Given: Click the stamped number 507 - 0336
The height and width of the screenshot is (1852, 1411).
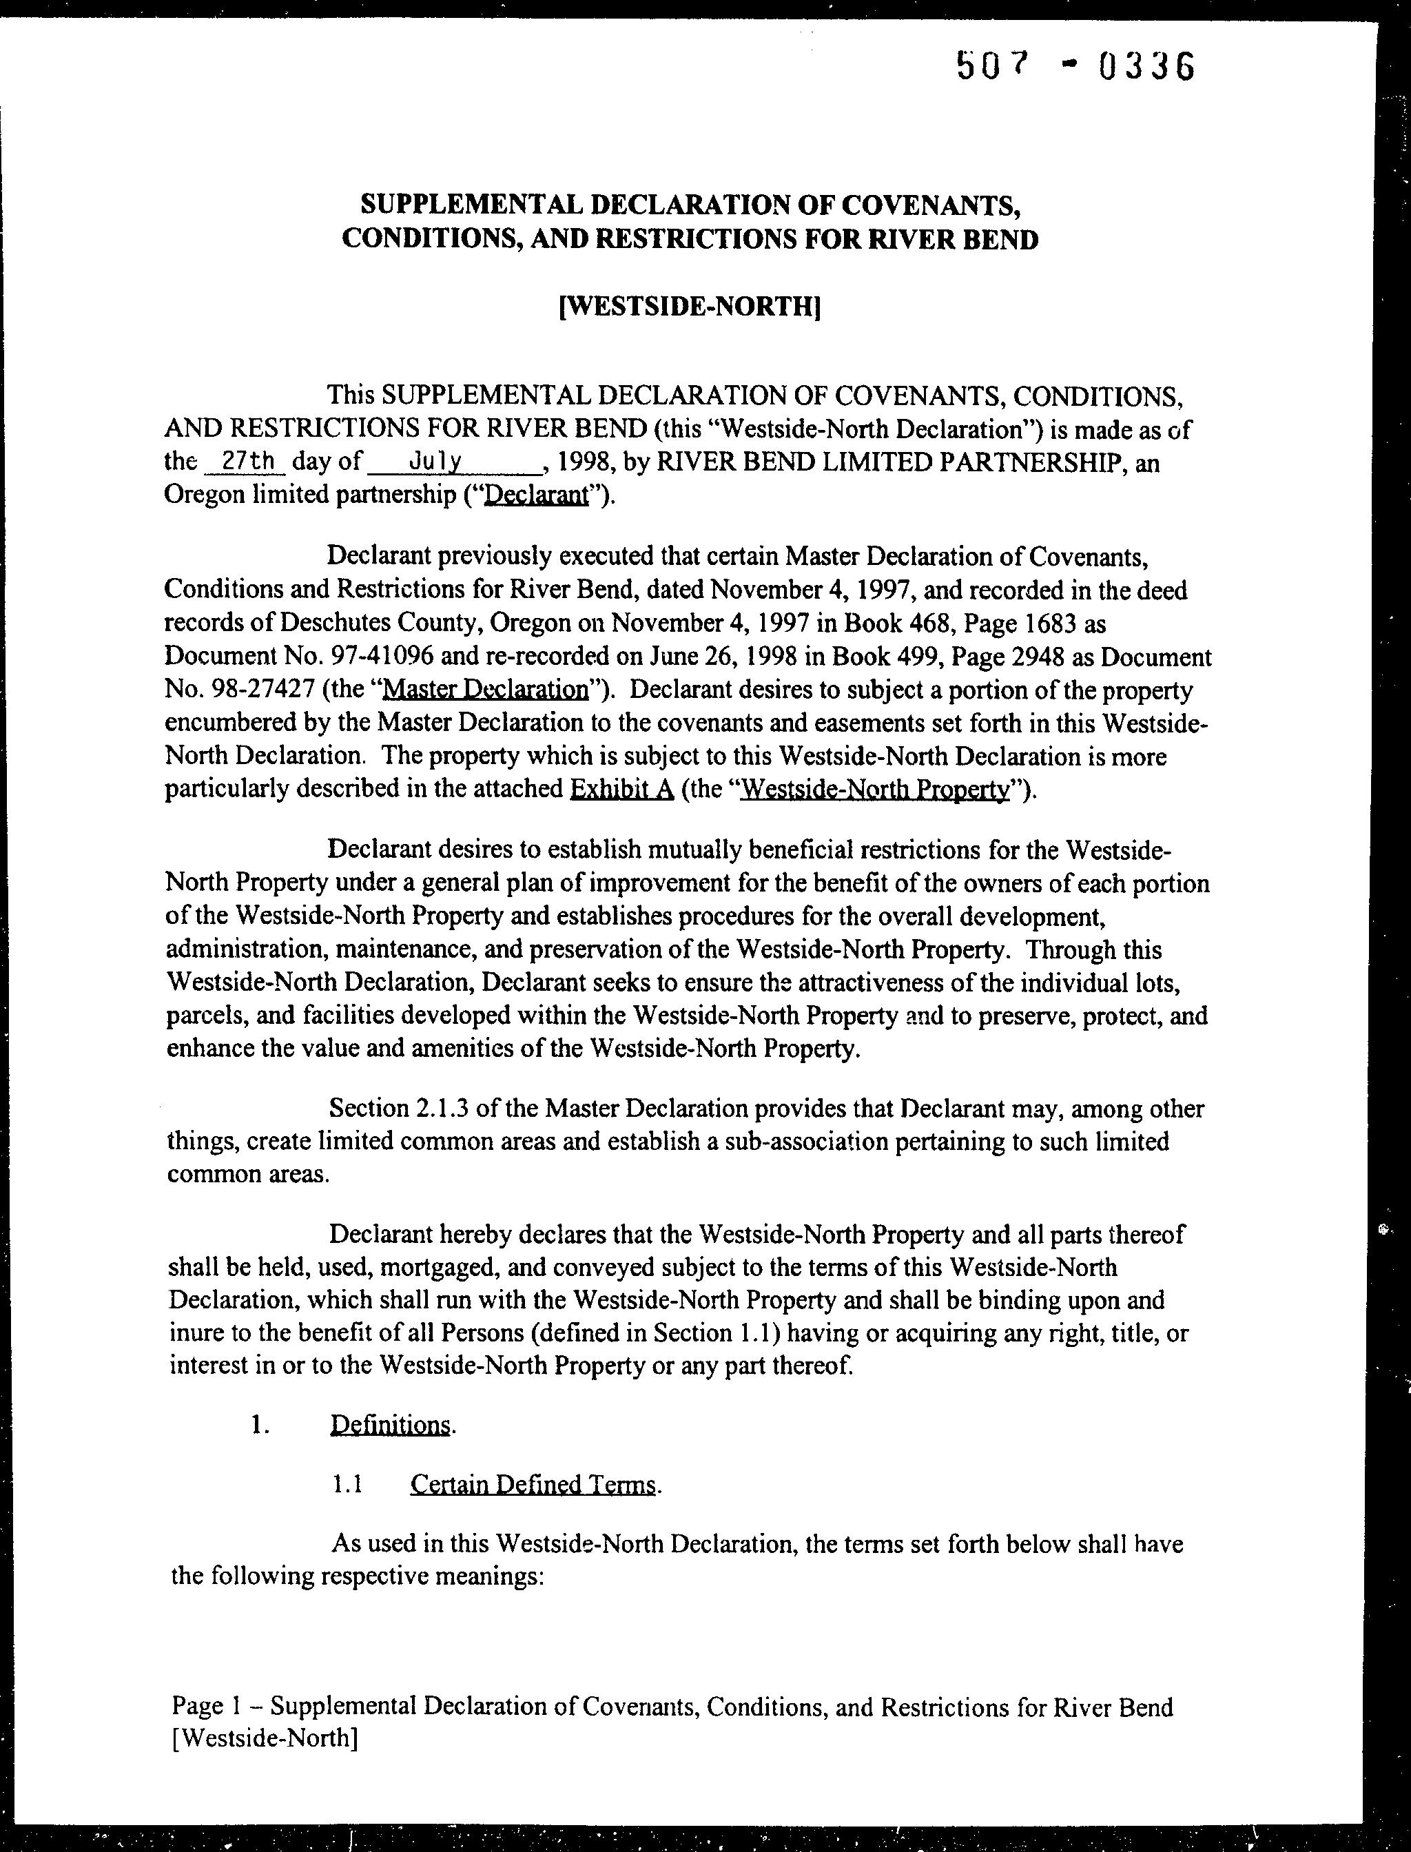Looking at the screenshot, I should pyautogui.click(x=1075, y=66).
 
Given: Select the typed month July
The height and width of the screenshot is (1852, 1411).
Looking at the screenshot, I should pyautogui.click(x=434, y=461).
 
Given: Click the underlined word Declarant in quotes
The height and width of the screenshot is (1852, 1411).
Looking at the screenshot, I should pyautogui.click(x=536, y=495).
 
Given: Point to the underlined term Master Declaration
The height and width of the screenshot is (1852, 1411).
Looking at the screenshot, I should pyautogui.click(x=486, y=690).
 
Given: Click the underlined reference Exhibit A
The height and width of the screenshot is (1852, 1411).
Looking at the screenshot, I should pyautogui.click(x=621, y=790).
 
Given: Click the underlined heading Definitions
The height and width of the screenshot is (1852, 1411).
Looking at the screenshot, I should pyautogui.click(x=391, y=1425).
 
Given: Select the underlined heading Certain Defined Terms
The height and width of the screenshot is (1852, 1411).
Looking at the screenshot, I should pyautogui.click(x=533, y=1485).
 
